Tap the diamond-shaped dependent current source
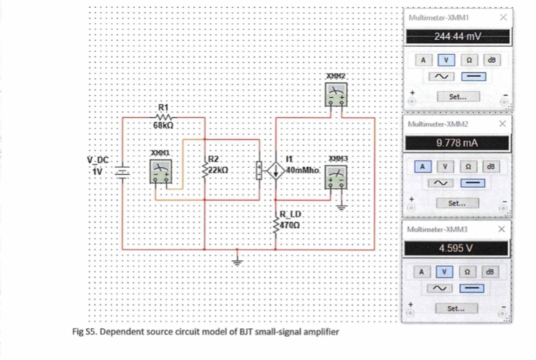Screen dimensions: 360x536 pyautogui.click(x=276, y=171)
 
